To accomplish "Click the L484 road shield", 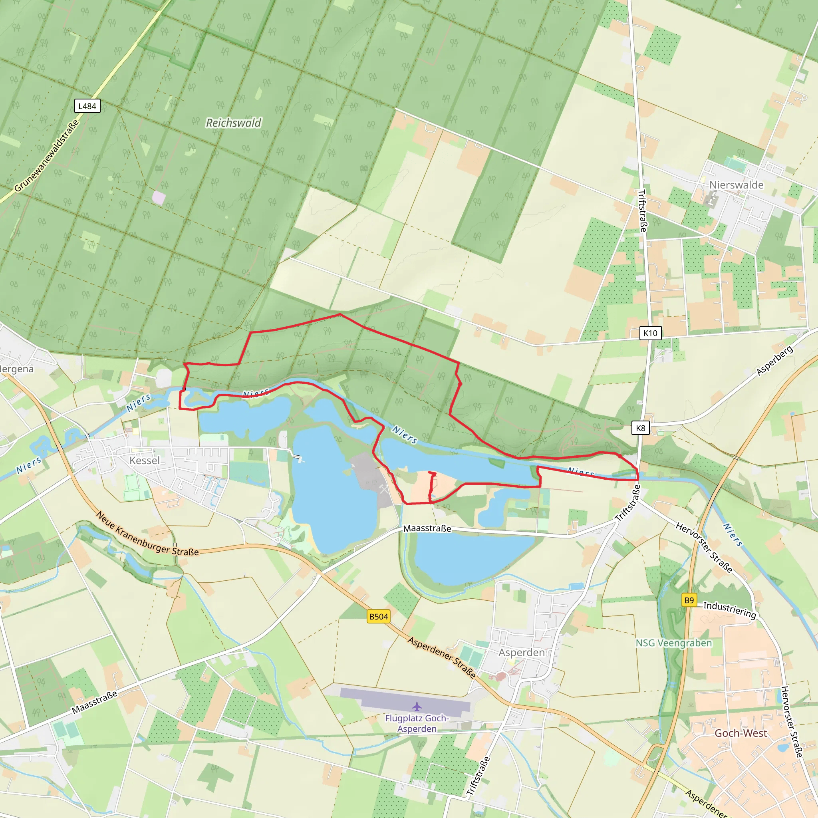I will pyautogui.click(x=87, y=106).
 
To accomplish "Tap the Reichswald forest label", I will pyautogui.click(x=233, y=123).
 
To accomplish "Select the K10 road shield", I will pyautogui.click(x=650, y=333).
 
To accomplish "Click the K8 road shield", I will pyautogui.click(x=640, y=428).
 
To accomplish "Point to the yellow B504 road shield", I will pyautogui.click(x=378, y=616).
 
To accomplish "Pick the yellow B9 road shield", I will pyautogui.click(x=689, y=600).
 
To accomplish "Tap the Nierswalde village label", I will pyautogui.click(x=736, y=185).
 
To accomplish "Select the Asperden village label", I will pyautogui.click(x=521, y=653).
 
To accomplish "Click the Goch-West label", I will pyautogui.click(x=741, y=733).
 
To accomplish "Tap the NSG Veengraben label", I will pyautogui.click(x=674, y=643).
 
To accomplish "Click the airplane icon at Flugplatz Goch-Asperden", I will pyautogui.click(x=417, y=706).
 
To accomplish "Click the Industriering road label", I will pyautogui.click(x=729, y=610).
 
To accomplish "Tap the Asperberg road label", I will pyautogui.click(x=774, y=361).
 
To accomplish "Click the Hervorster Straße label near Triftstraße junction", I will pyautogui.click(x=703, y=548).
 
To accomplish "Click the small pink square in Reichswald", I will pyautogui.click(x=158, y=197).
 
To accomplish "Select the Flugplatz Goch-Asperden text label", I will pyautogui.click(x=417, y=724).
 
